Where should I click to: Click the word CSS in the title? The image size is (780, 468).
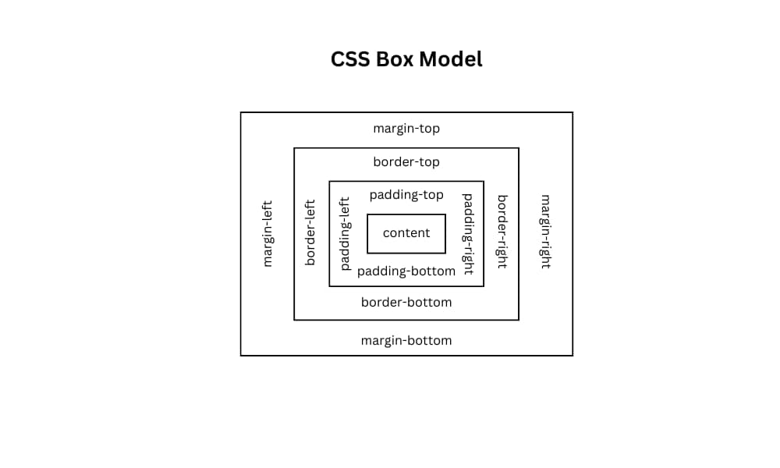pos(349,59)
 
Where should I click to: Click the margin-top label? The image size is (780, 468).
pos(406,129)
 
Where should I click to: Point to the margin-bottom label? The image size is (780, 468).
pos(406,341)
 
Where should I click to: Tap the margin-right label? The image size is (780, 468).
pos(545,232)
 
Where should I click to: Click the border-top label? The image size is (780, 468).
pos(406,162)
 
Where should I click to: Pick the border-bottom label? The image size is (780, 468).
pos(406,303)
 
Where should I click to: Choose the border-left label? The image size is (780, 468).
pos(310,232)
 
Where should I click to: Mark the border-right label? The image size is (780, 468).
pos(502,232)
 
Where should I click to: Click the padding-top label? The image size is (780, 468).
pos(406,195)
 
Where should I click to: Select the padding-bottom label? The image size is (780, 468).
pos(406,271)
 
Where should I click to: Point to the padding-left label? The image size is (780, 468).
pos(345,233)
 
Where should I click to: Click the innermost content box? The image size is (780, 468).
pos(406,233)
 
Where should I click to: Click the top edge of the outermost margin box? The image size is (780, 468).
pos(406,112)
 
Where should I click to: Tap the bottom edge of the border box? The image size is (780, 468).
pos(406,320)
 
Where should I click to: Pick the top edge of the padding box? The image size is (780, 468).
pos(406,182)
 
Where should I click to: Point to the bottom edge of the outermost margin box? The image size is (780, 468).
pos(406,356)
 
